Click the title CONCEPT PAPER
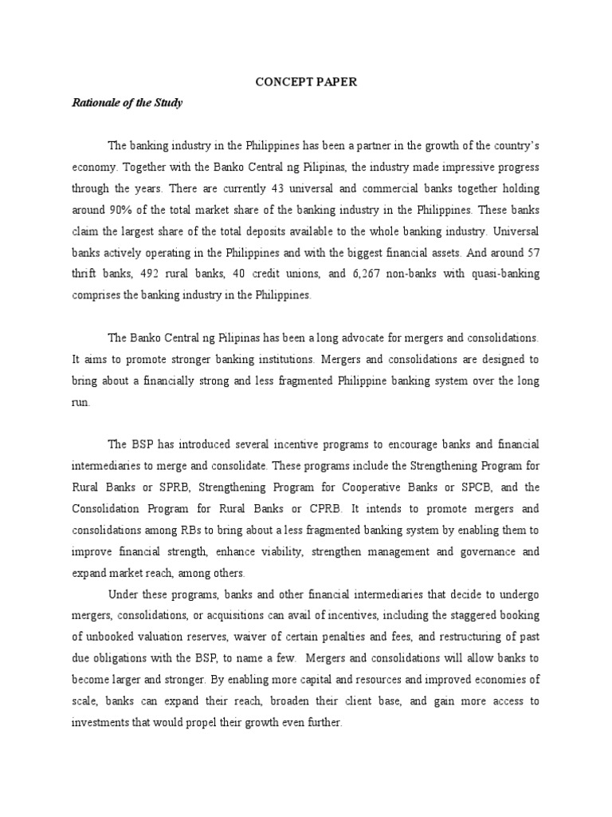coord(306,82)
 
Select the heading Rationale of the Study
coord(127,102)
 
